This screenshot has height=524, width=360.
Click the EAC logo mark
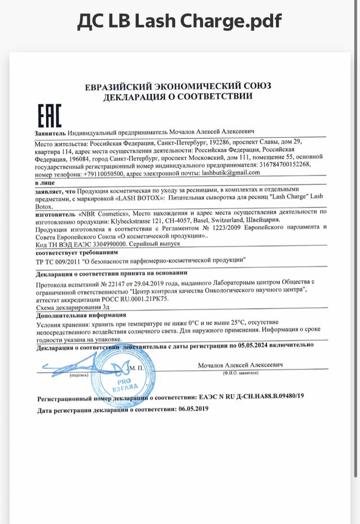tap(49, 115)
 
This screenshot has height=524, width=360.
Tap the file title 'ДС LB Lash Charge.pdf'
tap(180, 21)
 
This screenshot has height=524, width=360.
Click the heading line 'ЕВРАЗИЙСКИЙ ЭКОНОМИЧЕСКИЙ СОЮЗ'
tap(178, 86)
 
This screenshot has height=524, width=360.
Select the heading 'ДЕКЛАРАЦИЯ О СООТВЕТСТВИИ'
tap(178, 96)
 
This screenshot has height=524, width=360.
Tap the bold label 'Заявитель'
tap(50, 132)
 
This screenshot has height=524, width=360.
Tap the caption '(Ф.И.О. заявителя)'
tap(240, 373)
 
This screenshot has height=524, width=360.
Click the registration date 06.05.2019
tap(193, 409)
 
